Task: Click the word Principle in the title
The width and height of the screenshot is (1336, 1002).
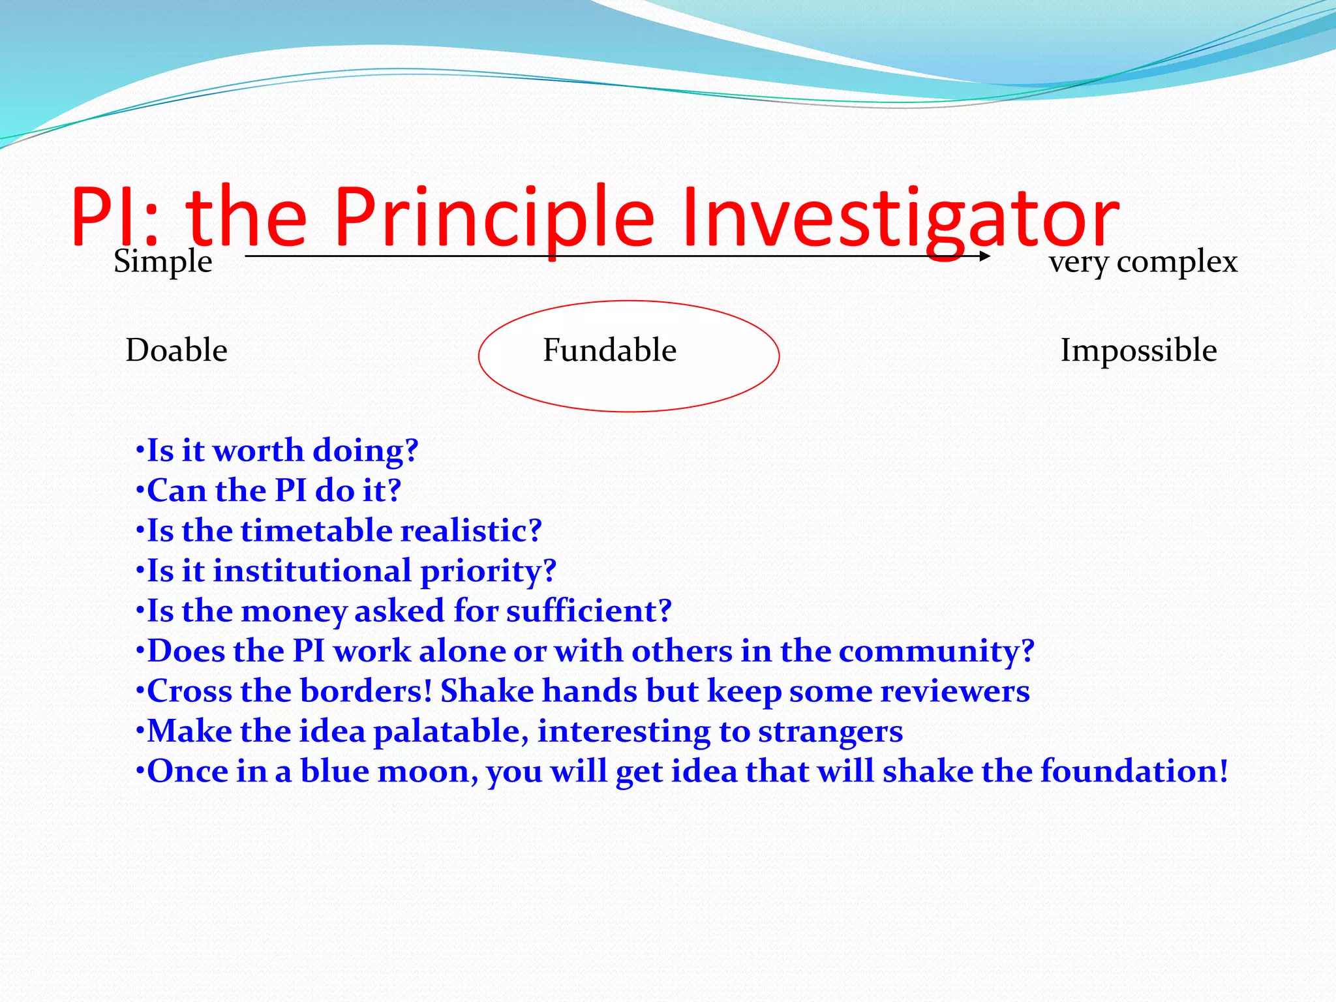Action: tap(494, 217)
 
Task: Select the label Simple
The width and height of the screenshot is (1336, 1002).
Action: tap(163, 262)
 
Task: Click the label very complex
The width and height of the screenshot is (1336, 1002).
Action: tap(1143, 262)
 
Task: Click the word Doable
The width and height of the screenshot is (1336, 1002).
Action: tap(176, 350)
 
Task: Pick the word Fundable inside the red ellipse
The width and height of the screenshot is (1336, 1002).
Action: tap(609, 350)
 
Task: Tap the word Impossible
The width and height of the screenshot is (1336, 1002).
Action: tap(1138, 350)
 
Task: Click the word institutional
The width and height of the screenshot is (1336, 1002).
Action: tap(312, 571)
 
